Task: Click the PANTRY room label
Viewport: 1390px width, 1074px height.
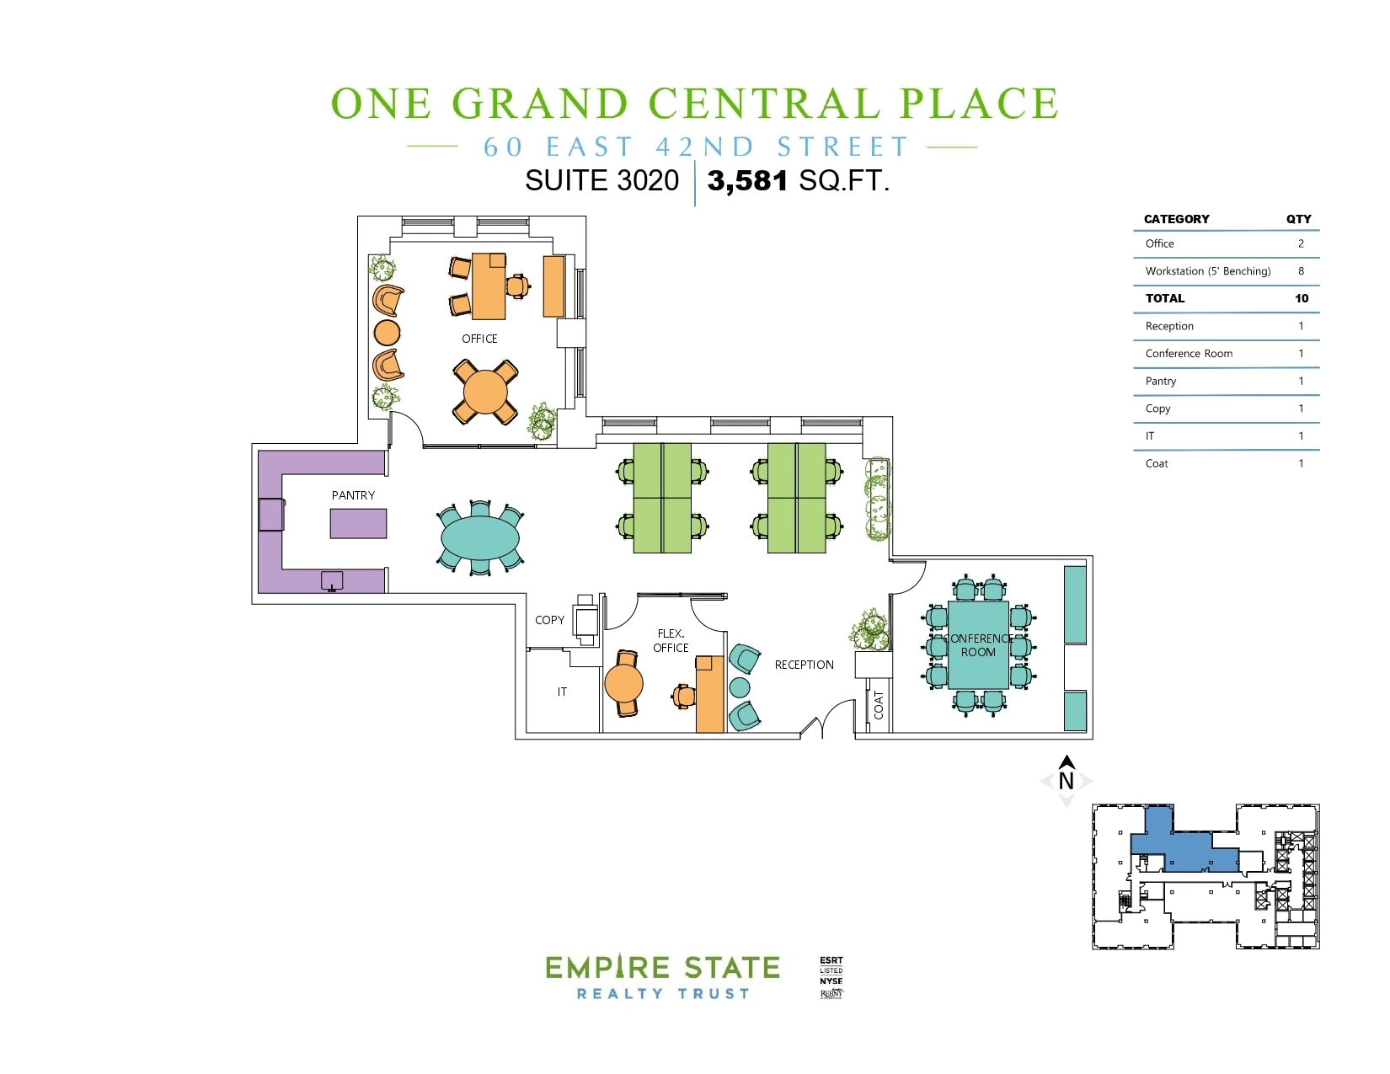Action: pos(353,495)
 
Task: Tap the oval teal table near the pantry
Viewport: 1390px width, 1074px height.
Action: pos(479,538)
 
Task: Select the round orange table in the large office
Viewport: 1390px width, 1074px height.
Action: pos(485,392)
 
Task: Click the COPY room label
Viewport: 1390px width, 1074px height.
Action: pos(549,620)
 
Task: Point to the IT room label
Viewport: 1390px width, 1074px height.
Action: pos(562,692)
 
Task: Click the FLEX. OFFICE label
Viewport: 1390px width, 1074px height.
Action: pos(671,640)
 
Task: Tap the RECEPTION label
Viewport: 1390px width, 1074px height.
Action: pos(804,665)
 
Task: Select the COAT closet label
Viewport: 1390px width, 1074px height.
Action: pos(879,704)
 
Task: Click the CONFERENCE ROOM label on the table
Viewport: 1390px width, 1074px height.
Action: pos(978,645)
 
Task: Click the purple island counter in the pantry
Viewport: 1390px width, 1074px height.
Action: pos(358,523)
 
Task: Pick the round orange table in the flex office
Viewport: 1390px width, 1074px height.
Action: pos(623,683)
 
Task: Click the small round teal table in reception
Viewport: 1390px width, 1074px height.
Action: pos(740,687)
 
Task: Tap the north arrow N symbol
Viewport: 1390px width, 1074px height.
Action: pos(1067,780)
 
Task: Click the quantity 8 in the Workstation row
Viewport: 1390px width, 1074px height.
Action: pos(1301,271)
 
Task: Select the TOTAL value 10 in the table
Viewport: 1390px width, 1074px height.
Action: pos(1302,298)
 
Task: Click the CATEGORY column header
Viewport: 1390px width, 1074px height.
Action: pos(1176,219)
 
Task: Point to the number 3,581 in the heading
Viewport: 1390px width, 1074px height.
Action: pos(747,180)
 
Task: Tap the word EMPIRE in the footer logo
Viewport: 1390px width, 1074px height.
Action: pos(607,968)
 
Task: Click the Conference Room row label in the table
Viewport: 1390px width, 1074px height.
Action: pos(1189,354)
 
